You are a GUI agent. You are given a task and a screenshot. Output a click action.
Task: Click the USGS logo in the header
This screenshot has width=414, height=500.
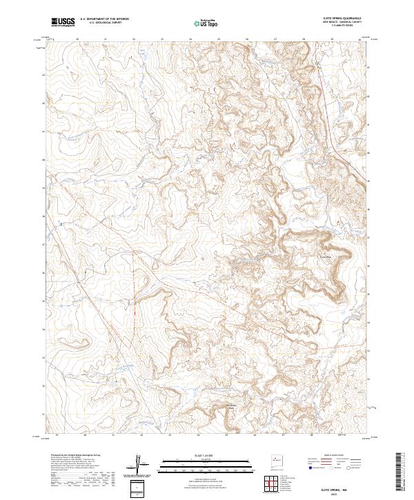(63, 22)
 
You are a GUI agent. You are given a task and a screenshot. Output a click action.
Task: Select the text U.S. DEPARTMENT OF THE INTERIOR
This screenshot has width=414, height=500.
(104, 20)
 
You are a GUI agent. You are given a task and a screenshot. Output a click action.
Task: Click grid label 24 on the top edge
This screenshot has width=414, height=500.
(190, 39)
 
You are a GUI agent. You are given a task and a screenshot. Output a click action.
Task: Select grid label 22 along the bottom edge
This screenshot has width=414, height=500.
(141, 435)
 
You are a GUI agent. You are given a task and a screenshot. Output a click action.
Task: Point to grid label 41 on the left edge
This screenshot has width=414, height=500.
(44, 131)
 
